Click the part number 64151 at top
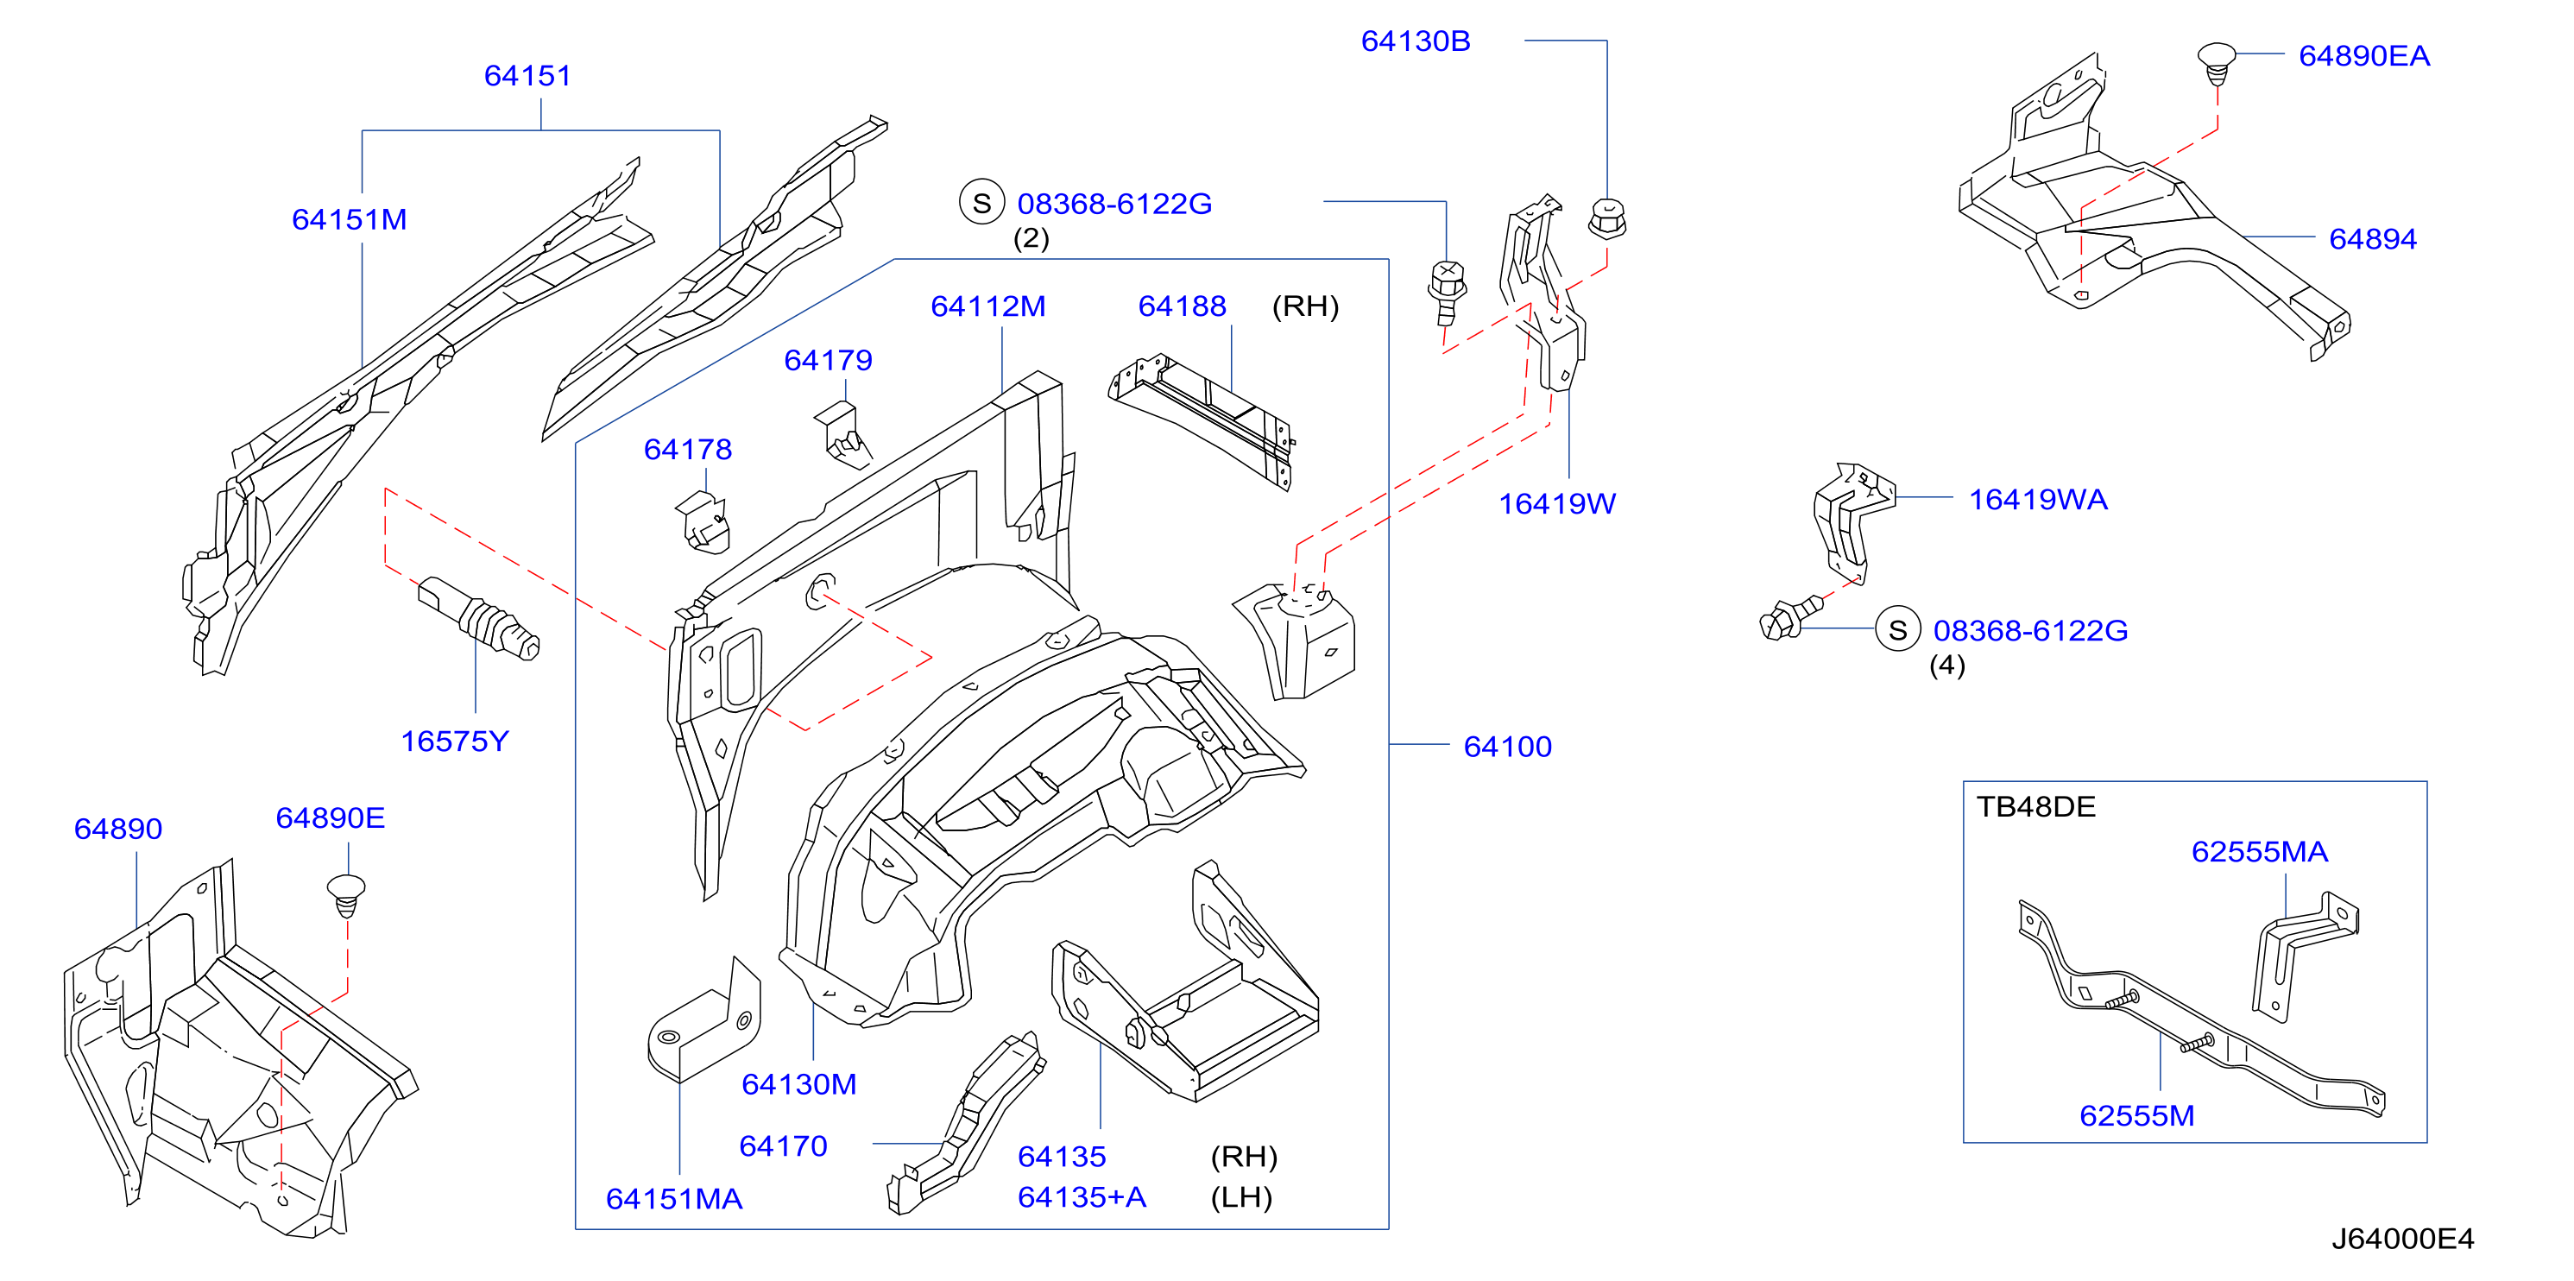coord(527,76)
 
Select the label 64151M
coord(349,220)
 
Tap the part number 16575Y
coord(455,741)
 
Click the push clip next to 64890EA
coord(2217,63)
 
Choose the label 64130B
coord(1415,41)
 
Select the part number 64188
coord(1182,306)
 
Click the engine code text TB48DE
coord(2035,806)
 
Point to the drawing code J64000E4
coord(2402,1239)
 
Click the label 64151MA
coord(673,1199)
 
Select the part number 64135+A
coord(1082,1197)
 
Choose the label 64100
coord(1507,747)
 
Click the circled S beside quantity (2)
coord(981,202)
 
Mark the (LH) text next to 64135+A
coord(1241,1197)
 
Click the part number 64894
coord(2372,239)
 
